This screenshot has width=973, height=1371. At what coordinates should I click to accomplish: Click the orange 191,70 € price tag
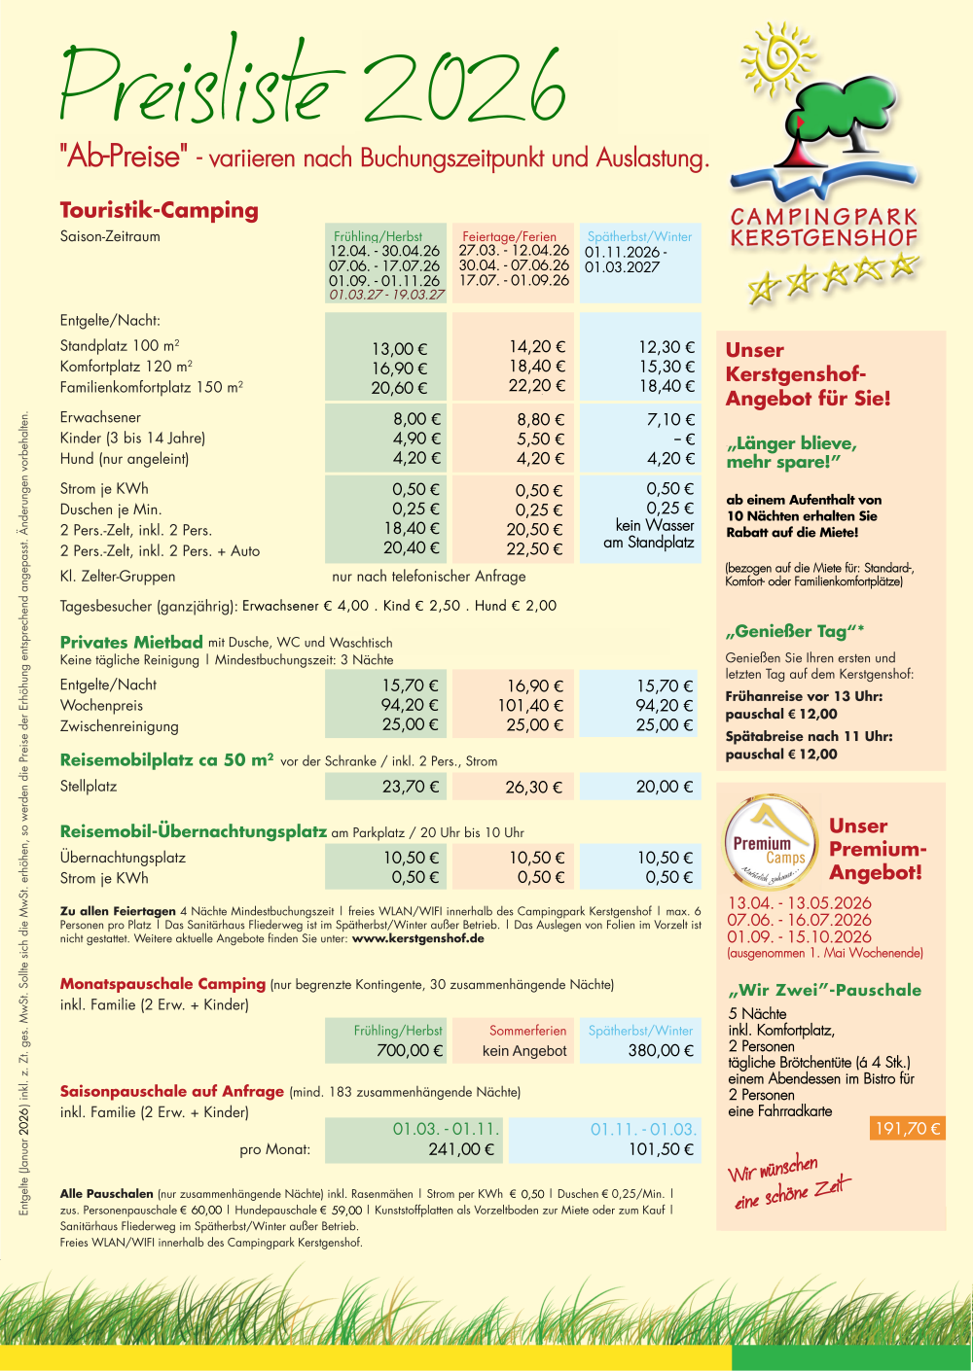point(907,1128)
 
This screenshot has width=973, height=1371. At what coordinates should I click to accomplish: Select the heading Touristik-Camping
point(160,210)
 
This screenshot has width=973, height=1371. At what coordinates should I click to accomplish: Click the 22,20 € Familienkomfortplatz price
point(536,386)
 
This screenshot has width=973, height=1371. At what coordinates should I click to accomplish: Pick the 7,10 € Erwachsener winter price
point(670,419)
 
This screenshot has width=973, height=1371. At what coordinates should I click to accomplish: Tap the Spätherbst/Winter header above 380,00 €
point(640,1031)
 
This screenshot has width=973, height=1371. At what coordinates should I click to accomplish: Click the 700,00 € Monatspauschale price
point(410,1050)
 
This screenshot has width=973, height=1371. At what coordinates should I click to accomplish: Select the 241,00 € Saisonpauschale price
point(461,1149)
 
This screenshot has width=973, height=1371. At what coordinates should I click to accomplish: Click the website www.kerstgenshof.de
point(417,939)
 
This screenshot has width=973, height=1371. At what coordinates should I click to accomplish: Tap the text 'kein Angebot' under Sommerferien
point(524,1051)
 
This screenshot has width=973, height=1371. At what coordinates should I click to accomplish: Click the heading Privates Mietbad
point(131,642)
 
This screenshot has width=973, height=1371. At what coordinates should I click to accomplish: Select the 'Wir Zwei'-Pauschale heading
point(824,990)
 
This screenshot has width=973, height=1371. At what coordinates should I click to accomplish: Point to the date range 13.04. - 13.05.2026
point(800,902)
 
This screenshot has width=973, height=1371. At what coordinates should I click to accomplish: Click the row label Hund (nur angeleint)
point(125,459)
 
